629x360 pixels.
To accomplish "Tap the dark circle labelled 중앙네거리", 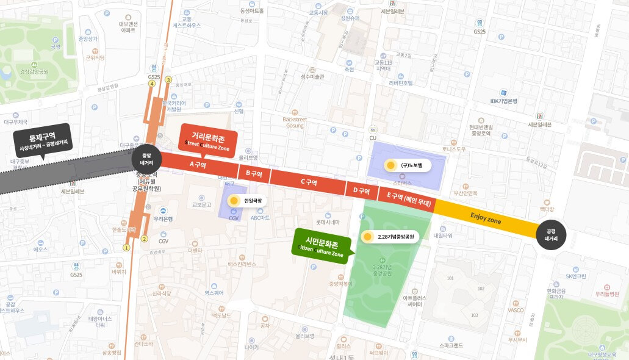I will coord(146,159).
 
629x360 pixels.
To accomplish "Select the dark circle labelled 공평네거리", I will coord(551,235).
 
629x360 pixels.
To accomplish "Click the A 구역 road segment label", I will coord(198,165).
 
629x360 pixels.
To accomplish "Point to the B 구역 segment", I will coord(253,174).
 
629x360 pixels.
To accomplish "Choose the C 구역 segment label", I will coord(308,182).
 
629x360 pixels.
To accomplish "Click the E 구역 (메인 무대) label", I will coord(409,198).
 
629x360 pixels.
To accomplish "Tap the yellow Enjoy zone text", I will coord(486,217).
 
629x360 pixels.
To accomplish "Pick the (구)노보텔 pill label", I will coord(408,165).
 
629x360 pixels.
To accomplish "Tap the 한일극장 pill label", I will coord(246,200).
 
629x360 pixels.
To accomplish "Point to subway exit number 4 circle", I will coord(152,83).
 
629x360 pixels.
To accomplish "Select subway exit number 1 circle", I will coord(126,247).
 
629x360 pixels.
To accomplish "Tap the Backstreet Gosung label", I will coord(295,122).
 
